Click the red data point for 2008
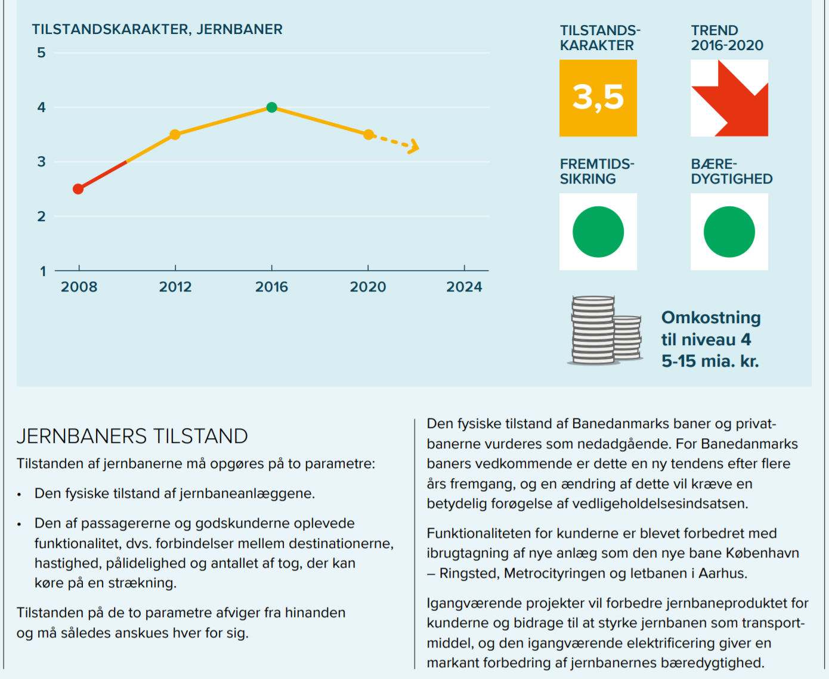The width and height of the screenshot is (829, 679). (x=78, y=189)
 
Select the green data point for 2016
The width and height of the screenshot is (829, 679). (x=272, y=107)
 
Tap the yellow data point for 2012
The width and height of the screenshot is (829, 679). (x=175, y=135)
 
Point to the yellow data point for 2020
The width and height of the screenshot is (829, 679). (x=369, y=135)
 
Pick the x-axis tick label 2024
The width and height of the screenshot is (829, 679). (x=464, y=287)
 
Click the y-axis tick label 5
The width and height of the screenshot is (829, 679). (x=41, y=53)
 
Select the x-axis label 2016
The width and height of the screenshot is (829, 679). (x=271, y=287)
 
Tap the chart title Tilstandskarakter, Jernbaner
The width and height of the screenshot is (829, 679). (x=157, y=29)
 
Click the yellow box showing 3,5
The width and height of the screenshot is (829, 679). (x=598, y=98)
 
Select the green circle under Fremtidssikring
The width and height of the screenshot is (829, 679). (x=598, y=232)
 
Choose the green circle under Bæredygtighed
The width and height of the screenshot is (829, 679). (x=729, y=232)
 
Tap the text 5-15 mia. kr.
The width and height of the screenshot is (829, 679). (x=710, y=361)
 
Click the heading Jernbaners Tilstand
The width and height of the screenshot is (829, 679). (x=132, y=436)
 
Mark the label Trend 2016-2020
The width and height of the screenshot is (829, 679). (x=727, y=38)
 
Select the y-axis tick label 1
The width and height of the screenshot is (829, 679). (x=43, y=271)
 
